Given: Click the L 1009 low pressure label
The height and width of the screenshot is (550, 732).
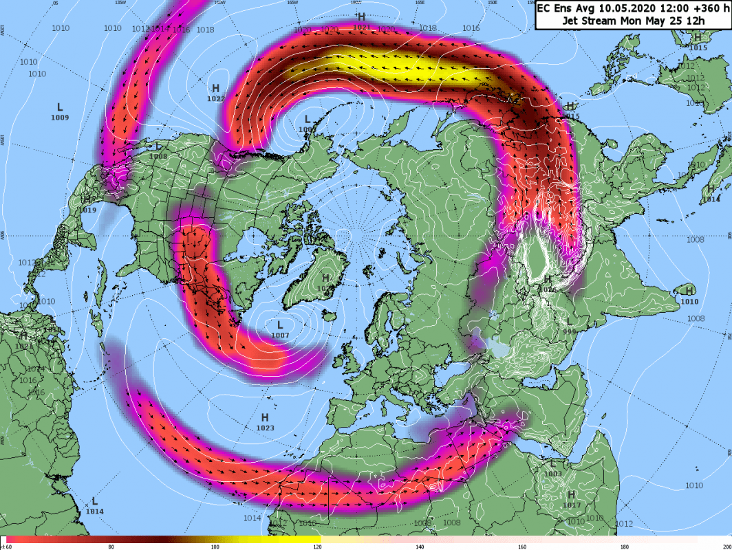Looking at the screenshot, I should (60, 112).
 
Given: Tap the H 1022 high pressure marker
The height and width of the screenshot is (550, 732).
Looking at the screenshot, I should (215, 93).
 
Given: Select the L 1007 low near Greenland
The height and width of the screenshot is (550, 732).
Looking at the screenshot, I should (280, 329).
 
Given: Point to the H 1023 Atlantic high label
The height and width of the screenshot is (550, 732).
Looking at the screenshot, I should (265, 422).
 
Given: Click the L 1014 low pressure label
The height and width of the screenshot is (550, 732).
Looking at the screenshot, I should (95, 506).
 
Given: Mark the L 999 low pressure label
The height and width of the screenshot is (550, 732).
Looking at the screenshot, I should (569, 327).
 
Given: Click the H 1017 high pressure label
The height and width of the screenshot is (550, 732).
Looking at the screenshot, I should (572, 500).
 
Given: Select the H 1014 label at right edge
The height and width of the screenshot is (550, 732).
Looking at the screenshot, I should (711, 193).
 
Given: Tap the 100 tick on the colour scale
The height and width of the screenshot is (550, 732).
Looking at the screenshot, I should (215, 547).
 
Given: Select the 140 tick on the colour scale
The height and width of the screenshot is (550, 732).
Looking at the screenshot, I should (420, 547).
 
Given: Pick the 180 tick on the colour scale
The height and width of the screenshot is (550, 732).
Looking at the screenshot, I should (624, 547).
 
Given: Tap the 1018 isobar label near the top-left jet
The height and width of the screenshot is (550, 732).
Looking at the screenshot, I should (204, 30).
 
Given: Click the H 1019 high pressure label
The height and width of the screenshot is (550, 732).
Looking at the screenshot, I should (87, 204).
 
